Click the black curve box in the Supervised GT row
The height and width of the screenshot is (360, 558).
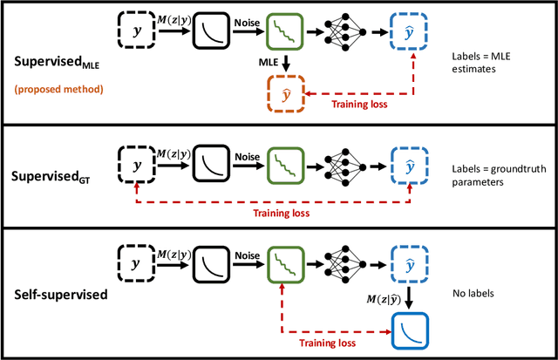(x=210, y=165)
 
